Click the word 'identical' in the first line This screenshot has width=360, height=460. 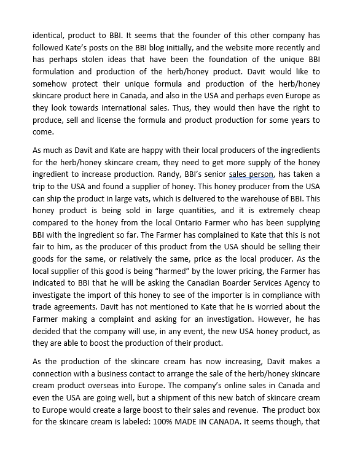point(49,36)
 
